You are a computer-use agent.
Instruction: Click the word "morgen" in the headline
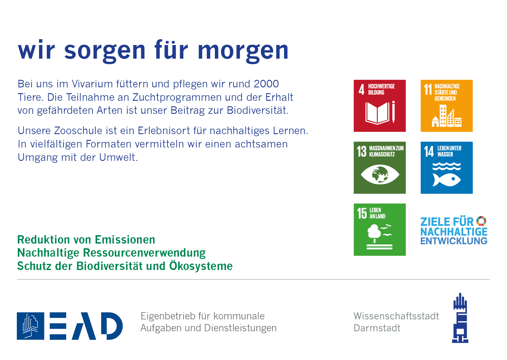click(x=243, y=51)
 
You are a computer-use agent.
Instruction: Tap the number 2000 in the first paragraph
click(x=266, y=84)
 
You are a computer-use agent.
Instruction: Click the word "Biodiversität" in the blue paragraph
click(x=258, y=111)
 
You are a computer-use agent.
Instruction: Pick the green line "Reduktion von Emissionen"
click(x=86, y=240)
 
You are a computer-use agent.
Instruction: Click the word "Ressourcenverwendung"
click(x=144, y=253)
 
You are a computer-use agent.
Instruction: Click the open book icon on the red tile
click(x=377, y=113)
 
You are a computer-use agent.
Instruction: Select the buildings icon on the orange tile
click(x=447, y=116)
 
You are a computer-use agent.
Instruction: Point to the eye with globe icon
click(x=380, y=174)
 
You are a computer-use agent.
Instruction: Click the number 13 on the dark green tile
click(x=362, y=151)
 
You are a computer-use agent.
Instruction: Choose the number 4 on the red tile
click(x=361, y=89)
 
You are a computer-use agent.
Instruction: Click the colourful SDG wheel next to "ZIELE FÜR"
click(x=481, y=221)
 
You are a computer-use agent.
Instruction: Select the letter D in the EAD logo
click(x=112, y=326)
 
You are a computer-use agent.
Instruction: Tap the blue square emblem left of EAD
click(x=30, y=326)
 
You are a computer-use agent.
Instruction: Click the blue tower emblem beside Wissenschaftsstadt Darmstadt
click(x=460, y=318)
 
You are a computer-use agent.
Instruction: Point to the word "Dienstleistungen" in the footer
click(x=240, y=328)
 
